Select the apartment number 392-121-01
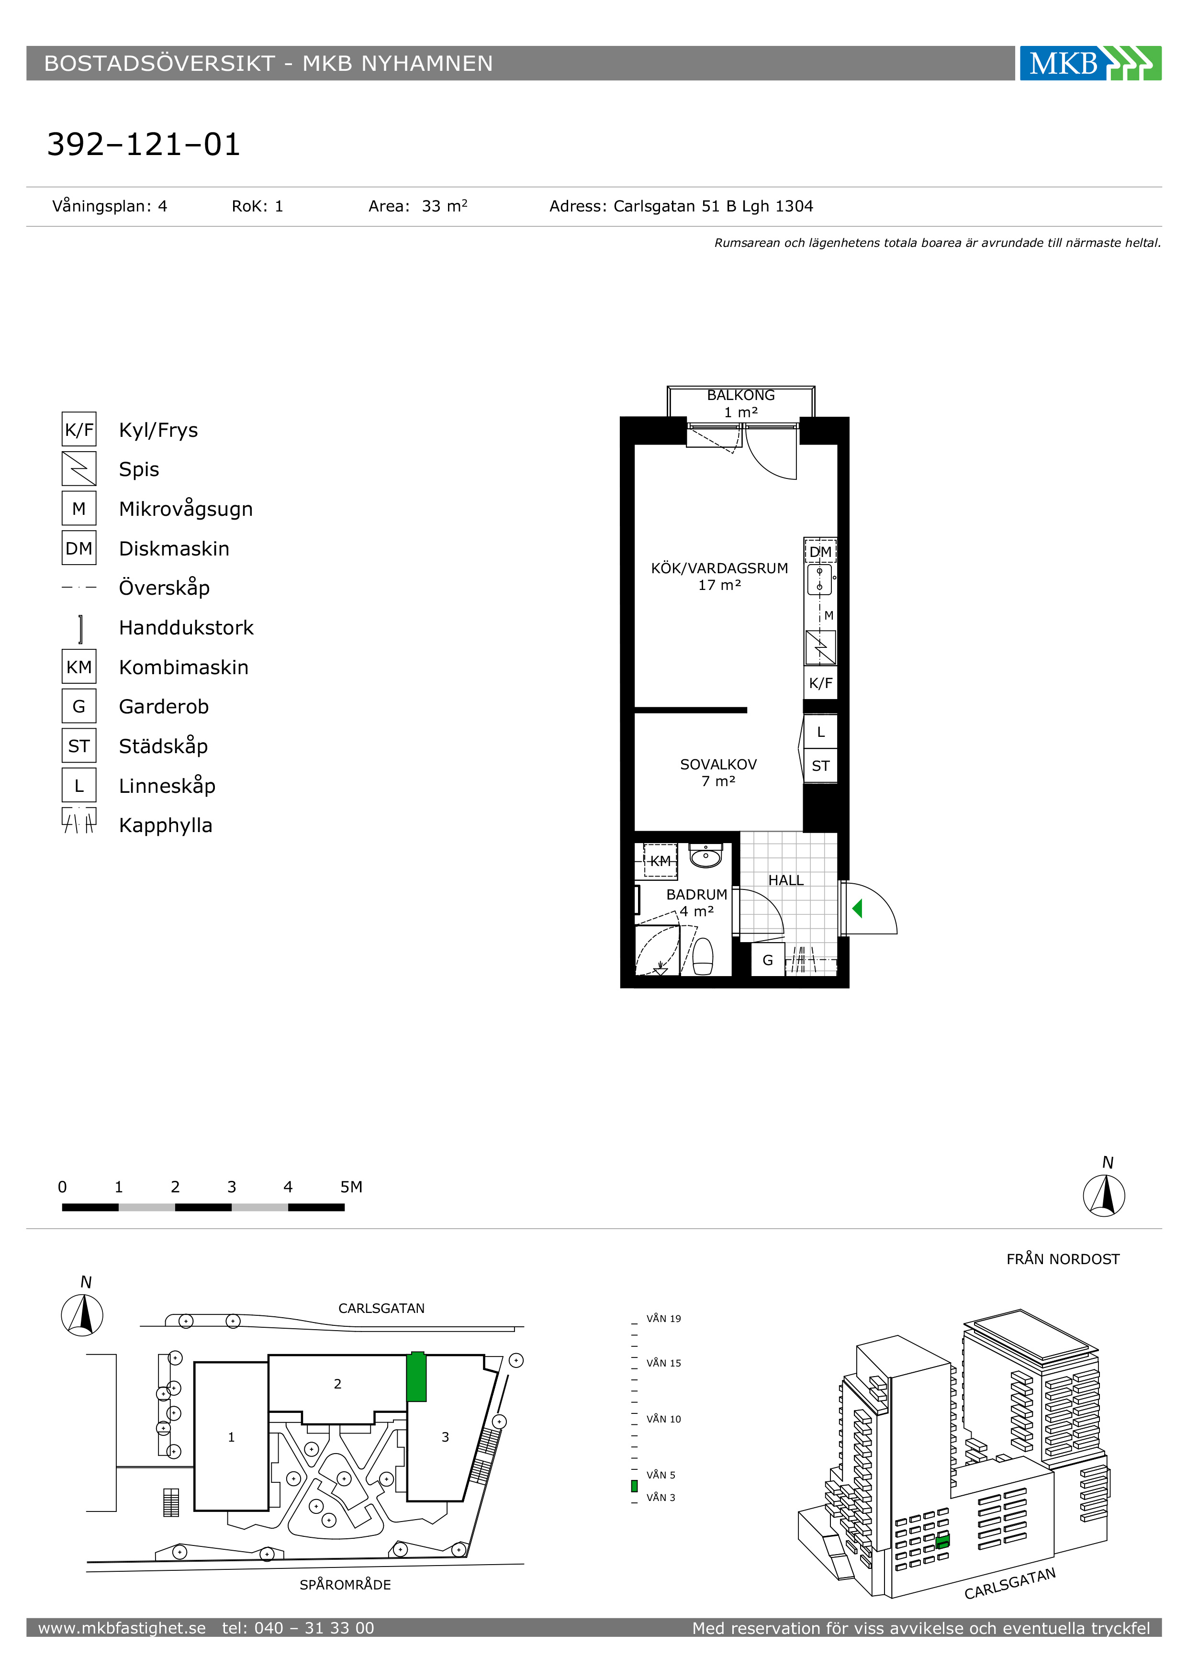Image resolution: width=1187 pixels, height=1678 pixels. point(143,144)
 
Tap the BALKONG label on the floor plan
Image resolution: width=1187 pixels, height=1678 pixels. point(740,395)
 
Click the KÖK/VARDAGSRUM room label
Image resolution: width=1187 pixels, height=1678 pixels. point(719,568)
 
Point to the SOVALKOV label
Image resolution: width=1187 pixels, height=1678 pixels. point(718,765)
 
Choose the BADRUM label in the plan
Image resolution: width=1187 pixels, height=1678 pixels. point(696,895)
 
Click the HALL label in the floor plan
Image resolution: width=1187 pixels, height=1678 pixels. point(786,881)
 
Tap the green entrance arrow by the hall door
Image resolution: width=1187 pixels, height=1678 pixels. point(857,909)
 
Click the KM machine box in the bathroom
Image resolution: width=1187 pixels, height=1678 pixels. point(660,861)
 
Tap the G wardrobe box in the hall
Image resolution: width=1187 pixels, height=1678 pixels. point(767,960)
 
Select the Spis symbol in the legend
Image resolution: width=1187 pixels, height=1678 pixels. point(79,468)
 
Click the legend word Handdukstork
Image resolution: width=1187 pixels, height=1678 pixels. point(186,628)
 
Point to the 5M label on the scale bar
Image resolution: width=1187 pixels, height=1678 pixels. point(351,1187)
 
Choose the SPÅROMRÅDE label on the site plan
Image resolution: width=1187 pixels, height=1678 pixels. point(345,1584)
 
